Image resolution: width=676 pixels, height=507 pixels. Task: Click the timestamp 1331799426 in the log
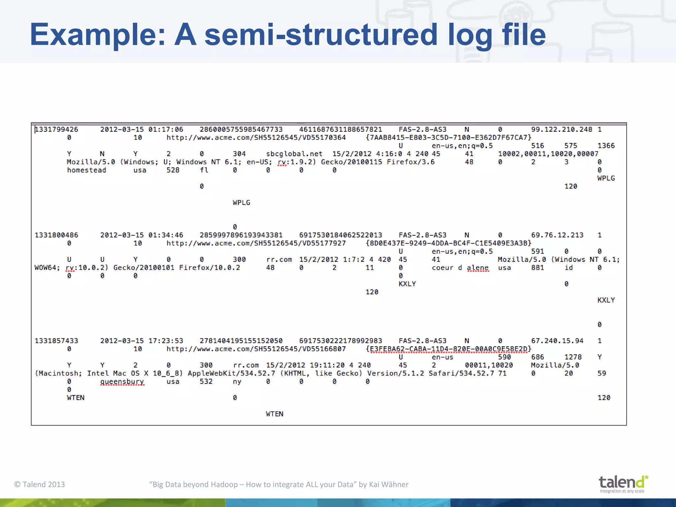pyautogui.click(x=56, y=129)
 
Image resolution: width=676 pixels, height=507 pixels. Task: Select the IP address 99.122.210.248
pyautogui.click(x=561, y=129)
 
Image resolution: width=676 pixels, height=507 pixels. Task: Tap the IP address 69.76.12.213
pyautogui.click(x=557, y=235)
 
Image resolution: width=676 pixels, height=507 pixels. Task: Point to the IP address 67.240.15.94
pyautogui.click(x=557, y=341)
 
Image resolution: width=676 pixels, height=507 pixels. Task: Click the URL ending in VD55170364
pyautogui.click(x=256, y=138)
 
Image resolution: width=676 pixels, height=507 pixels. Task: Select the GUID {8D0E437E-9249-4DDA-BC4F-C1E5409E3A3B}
pyautogui.click(x=448, y=243)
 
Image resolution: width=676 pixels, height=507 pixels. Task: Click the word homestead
pyautogui.click(x=86, y=170)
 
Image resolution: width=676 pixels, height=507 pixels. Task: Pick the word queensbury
pyautogui.click(x=122, y=382)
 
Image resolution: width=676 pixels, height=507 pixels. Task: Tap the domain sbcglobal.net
pyautogui.click(x=294, y=154)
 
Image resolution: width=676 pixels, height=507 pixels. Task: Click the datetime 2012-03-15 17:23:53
pyautogui.click(x=142, y=341)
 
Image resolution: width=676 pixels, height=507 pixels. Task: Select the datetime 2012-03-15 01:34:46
pyautogui.click(x=142, y=235)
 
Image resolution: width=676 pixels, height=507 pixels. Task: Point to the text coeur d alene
pyautogui.click(x=460, y=268)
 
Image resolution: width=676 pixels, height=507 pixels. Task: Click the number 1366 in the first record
pyautogui.click(x=606, y=146)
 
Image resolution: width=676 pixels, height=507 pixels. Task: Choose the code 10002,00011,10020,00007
pyautogui.click(x=548, y=154)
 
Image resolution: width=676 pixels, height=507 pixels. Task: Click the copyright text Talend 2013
pyautogui.click(x=40, y=484)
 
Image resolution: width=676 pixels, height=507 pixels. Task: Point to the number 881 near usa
pyautogui.click(x=537, y=268)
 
